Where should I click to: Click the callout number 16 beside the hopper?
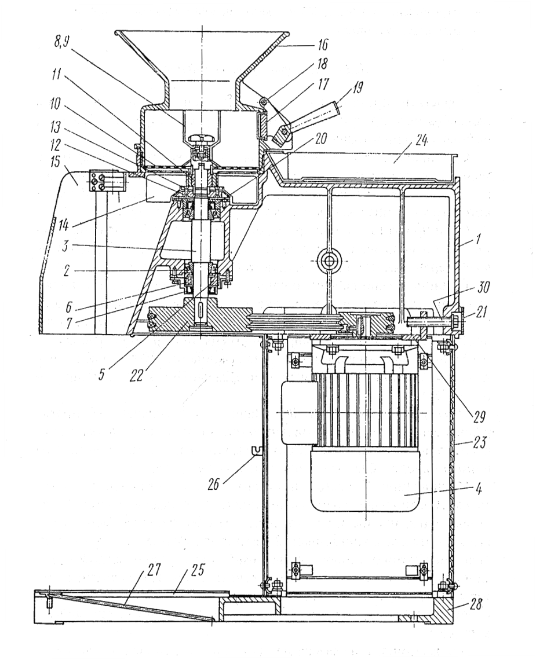tap(322, 44)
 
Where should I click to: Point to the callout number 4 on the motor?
tap(478, 489)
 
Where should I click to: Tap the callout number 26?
tap(213, 485)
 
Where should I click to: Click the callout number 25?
tap(195, 570)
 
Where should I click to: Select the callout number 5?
tap(101, 375)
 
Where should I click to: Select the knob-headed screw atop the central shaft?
tap(202, 138)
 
